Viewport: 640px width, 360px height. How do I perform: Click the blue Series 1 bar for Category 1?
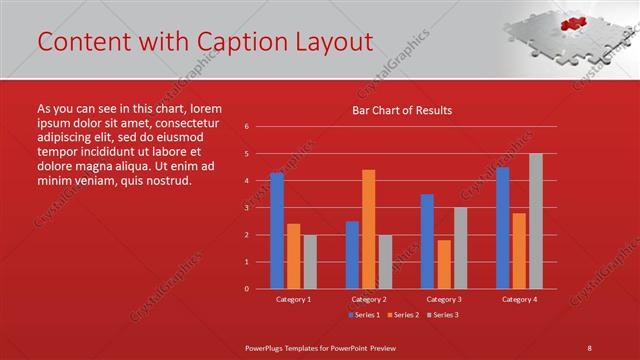277,231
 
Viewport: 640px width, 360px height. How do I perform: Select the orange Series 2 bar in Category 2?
369,229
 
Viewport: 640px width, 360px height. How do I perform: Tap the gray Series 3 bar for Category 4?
536,221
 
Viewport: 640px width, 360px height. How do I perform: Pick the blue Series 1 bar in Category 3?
427,241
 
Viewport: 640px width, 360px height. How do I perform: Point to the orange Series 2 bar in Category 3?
444,264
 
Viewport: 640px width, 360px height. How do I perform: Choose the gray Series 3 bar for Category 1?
310,261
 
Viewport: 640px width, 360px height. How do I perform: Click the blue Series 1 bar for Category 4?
502,228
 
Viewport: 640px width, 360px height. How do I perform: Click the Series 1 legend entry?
363,315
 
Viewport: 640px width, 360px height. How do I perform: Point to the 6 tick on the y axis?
246,127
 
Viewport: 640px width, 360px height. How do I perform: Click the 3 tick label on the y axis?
246,208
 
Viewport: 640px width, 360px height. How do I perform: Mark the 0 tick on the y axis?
246,289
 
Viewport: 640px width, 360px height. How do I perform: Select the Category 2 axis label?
369,299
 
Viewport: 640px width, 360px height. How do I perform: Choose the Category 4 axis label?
519,299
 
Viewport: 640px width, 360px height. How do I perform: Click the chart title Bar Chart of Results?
402,110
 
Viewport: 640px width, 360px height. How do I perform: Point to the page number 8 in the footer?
589,347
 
